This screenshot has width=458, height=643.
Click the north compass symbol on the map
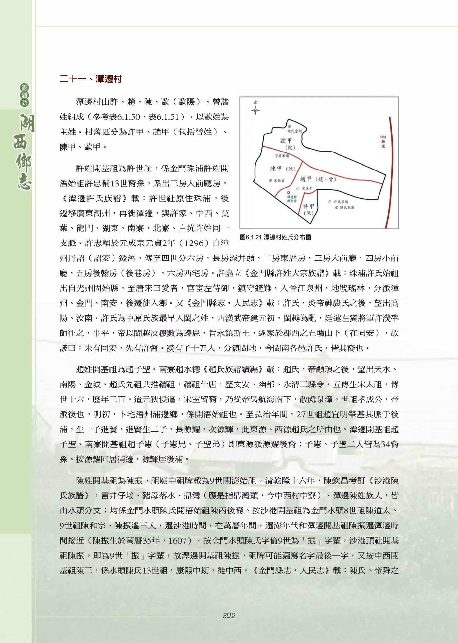click(255, 110)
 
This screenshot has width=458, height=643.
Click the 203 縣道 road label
click(383, 142)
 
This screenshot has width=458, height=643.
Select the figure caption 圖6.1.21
click(275, 237)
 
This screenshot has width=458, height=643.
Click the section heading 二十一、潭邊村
click(91, 79)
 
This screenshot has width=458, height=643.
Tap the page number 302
click(229, 615)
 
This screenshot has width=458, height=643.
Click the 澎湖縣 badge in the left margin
click(25, 95)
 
